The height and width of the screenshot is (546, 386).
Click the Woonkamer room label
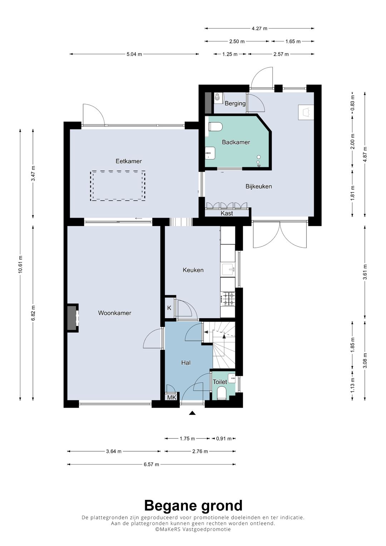click(x=114, y=313)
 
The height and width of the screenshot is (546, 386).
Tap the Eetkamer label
click(x=129, y=161)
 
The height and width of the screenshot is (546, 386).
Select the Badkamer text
click(x=236, y=142)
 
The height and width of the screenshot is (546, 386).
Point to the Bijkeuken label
click(x=258, y=186)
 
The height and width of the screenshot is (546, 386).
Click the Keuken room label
click(x=193, y=270)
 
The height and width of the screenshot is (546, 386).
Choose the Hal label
click(x=186, y=363)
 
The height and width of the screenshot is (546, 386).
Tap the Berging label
click(x=235, y=103)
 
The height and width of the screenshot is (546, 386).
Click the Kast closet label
click(x=227, y=213)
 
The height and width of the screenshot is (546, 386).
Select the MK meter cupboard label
click(x=172, y=398)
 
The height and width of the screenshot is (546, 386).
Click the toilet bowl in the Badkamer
click(x=216, y=127)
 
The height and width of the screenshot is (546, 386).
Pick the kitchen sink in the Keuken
click(x=228, y=269)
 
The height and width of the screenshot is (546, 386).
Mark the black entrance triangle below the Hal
click(x=193, y=413)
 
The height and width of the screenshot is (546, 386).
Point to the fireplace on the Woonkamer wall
click(x=72, y=318)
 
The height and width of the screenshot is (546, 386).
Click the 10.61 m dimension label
click(x=20, y=265)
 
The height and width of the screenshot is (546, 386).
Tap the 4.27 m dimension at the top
click(x=259, y=29)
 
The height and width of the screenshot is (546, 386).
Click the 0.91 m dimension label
click(x=224, y=439)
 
